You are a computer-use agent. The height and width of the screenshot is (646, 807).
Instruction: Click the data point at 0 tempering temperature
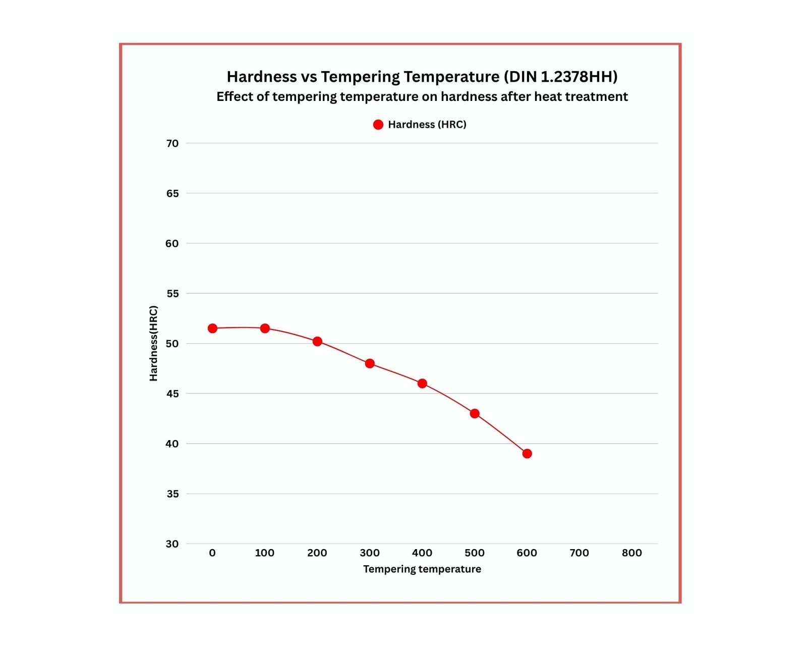[x=212, y=329]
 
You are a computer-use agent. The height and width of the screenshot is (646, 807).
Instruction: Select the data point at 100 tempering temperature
[x=265, y=329]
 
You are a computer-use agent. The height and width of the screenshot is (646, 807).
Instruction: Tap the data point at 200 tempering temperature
[x=317, y=342]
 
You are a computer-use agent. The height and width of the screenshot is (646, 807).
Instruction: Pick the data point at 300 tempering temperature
[x=370, y=363]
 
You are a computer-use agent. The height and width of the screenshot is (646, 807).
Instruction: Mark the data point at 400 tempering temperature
[x=422, y=384]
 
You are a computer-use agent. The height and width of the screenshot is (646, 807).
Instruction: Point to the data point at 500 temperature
[x=475, y=413]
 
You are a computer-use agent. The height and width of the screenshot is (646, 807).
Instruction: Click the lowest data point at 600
[x=527, y=454]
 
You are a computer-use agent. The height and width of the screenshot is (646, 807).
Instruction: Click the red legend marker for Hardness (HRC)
[x=378, y=125]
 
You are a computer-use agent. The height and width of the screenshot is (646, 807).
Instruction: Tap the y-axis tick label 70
[x=172, y=143]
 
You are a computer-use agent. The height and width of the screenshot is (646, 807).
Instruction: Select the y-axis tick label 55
[x=172, y=294]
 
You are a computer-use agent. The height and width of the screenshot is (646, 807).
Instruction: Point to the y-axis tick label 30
[x=172, y=544]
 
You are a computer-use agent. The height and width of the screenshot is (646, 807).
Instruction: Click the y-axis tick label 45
[x=172, y=394]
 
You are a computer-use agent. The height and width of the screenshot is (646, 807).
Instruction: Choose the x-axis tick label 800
[x=631, y=553]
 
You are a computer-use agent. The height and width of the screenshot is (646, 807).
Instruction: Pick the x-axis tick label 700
[x=579, y=553]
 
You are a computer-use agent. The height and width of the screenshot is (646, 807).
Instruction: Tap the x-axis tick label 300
[x=370, y=553]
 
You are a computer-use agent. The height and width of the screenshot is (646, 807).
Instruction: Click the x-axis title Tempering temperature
[x=422, y=569]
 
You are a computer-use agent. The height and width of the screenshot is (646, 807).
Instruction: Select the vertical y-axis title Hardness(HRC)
[x=154, y=343]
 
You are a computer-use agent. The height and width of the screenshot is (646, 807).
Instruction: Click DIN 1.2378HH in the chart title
[x=560, y=77]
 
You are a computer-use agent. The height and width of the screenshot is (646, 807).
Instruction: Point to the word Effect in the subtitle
[x=235, y=97]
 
